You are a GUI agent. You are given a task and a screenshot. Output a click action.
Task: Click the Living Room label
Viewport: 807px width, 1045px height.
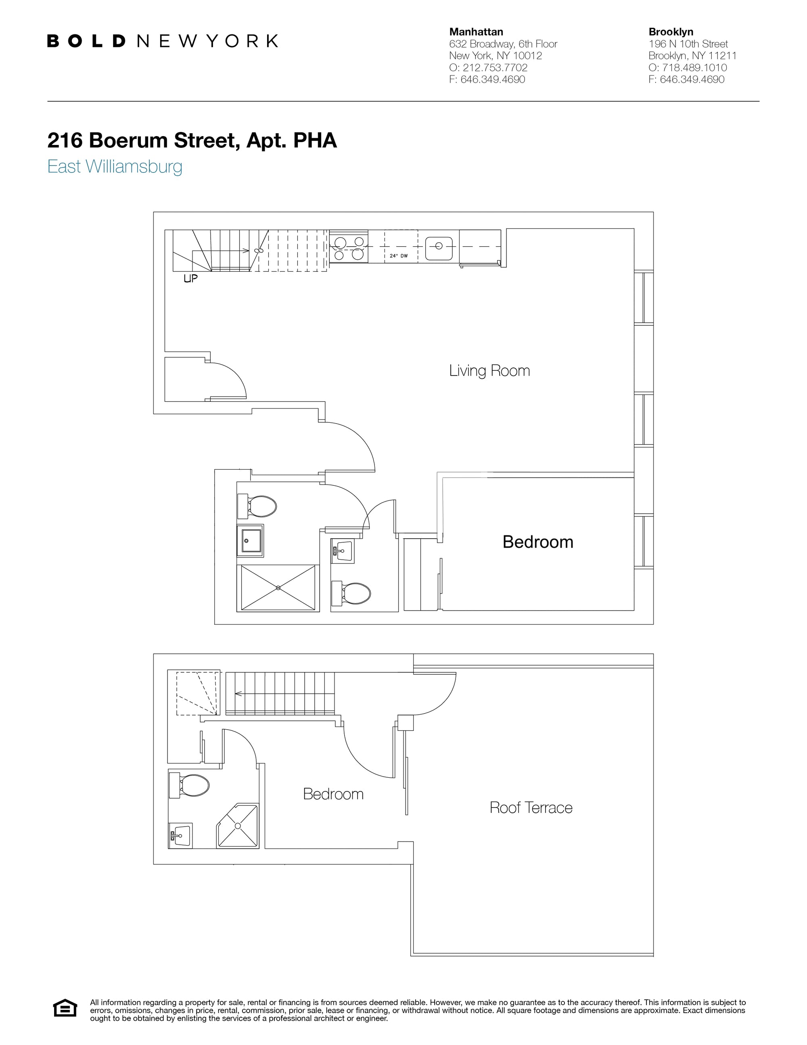pyautogui.click(x=489, y=371)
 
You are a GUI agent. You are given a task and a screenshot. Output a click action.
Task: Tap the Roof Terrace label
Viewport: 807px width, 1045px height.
pyautogui.click(x=531, y=808)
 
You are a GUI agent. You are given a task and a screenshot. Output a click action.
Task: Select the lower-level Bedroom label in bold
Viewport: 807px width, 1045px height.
pyautogui.click(x=537, y=541)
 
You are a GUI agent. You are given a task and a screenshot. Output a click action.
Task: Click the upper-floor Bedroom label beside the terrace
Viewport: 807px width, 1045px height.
pyautogui.click(x=333, y=794)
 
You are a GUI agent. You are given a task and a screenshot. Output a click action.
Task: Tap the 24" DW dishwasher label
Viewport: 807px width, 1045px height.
pyautogui.click(x=399, y=256)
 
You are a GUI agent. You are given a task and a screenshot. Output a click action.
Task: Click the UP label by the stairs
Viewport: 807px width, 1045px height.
pyautogui.click(x=190, y=278)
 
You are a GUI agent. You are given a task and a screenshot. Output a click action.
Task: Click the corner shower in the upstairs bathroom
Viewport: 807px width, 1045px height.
pyautogui.click(x=238, y=826)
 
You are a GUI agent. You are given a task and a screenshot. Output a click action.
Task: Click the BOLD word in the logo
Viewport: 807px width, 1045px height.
pyautogui.click(x=86, y=41)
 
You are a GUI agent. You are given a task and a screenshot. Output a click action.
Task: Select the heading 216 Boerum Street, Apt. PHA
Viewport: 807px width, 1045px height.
pyautogui.click(x=192, y=140)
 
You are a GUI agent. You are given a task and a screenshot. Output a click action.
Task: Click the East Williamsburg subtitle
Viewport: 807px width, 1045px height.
pyautogui.click(x=115, y=166)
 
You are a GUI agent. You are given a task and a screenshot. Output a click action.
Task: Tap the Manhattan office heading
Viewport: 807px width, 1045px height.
pyautogui.click(x=476, y=32)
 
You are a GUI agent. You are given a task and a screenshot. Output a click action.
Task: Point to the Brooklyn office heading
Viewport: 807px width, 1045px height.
pyautogui.click(x=670, y=32)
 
